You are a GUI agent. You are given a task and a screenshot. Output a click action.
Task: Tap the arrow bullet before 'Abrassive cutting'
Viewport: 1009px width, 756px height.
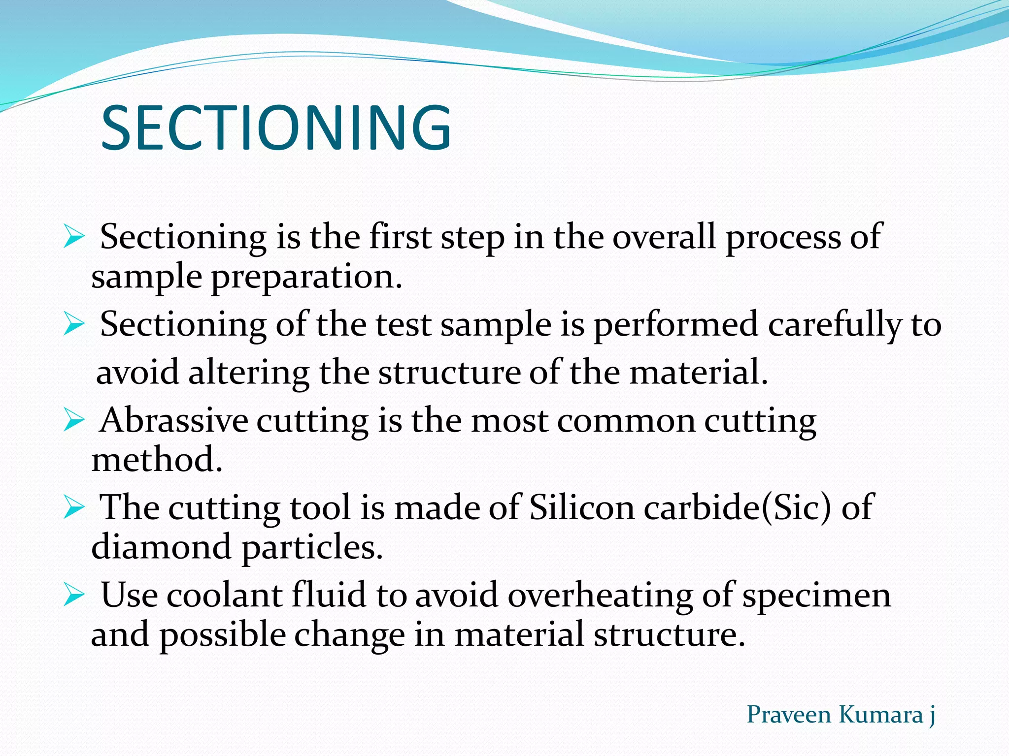74,421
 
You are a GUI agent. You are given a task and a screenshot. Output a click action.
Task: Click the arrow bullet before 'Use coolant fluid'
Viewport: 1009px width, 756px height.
74,596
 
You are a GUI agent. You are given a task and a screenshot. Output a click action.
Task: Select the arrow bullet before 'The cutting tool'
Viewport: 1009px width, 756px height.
74,508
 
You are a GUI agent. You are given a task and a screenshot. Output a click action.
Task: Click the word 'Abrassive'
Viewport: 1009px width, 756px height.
174,421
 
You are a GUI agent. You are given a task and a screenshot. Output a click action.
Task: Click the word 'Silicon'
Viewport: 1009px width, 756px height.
582,508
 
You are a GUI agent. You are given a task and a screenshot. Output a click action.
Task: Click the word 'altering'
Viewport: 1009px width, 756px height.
249,373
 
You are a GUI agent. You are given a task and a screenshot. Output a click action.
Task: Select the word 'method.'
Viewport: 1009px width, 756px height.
157,460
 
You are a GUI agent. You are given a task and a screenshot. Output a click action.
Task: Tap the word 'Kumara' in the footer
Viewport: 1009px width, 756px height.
880,715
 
